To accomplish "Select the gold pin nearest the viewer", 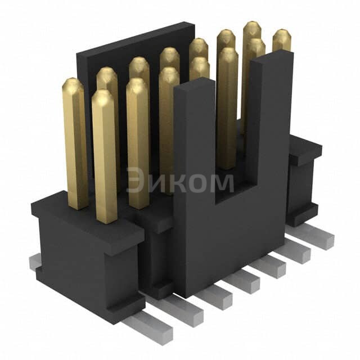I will (x=105, y=157).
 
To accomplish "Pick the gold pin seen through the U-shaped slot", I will (x=228, y=112).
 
